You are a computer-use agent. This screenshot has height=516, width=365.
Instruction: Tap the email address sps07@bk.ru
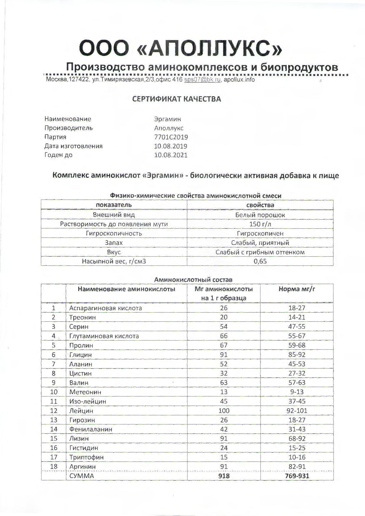[202, 80]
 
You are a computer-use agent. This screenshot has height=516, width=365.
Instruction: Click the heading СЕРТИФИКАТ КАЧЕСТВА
[176, 99]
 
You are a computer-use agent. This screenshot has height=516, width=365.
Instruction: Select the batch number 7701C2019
[171, 137]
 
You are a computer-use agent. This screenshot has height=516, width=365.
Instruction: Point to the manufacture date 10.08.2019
[171, 146]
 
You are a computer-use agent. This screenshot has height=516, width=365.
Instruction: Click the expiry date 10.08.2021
[171, 155]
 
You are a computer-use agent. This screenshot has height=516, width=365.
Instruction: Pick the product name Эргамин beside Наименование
[167, 119]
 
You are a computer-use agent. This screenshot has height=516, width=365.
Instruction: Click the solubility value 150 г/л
[260, 224]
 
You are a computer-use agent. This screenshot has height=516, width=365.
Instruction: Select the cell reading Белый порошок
[260, 215]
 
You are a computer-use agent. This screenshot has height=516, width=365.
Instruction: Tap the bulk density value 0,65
[260, 261]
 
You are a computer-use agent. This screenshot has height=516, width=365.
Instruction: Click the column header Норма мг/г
[297, 289]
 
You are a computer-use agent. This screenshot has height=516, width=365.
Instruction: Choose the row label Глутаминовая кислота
[104, 336]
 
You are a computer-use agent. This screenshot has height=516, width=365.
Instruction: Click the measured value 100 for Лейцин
[224, 411]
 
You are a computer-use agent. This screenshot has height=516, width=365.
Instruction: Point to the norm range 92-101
[297, 411]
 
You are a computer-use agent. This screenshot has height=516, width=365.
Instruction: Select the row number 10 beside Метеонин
[54, 392]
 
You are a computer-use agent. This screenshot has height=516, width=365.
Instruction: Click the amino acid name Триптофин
[86, 457]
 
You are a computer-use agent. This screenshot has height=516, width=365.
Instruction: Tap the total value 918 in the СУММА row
[224, 476]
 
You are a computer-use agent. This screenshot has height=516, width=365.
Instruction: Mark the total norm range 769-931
[297, 476]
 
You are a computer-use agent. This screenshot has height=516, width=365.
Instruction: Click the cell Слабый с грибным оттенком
[260, 252]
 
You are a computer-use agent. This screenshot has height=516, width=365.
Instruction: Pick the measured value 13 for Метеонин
[224, 392]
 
